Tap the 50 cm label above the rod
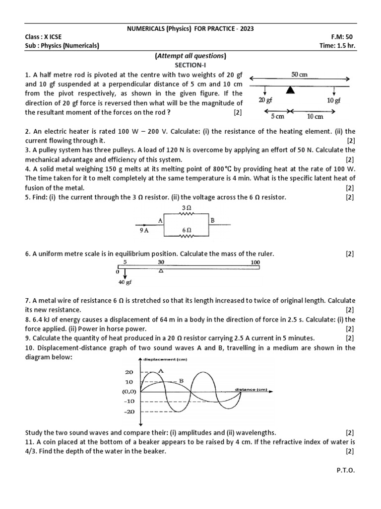[299, 74]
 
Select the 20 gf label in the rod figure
[266, 100]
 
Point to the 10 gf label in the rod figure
[334, 100]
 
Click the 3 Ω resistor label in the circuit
[187, 207]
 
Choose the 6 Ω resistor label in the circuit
[187, 230]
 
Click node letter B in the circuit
[212, 220]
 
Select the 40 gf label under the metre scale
[125, 283]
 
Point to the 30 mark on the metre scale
[161, 261]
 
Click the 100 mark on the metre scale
[255, 261]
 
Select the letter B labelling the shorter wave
[181, 380]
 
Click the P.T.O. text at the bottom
[346, 470]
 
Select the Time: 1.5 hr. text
[338, 46]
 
